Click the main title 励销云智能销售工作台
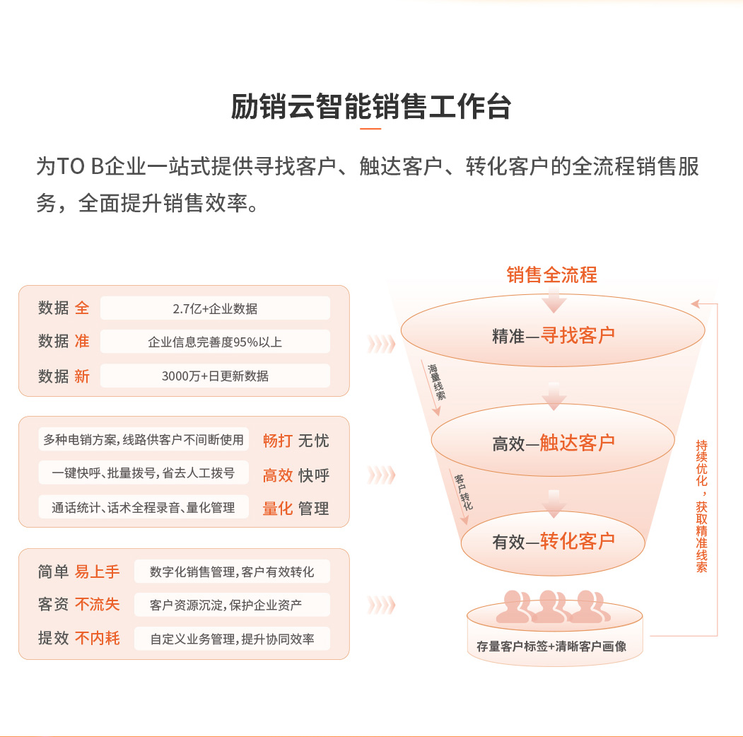tap(371, 106)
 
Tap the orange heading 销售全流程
tap(551, 275)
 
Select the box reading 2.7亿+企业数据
tap(215, 308)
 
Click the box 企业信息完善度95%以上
tap(215, 342)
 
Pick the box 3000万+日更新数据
tap(215, 376)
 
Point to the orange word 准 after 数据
tap(82, 341)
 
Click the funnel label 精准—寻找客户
tap(554, 335)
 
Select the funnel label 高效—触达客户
tap(554, 443)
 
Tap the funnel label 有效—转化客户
tap(554, 541)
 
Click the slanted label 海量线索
tap(437, 381)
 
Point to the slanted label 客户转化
tap(464, 492)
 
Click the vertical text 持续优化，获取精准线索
tap(702, 506)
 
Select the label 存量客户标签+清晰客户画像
tap(551, 646)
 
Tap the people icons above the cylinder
tap(553, 606)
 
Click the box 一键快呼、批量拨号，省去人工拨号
tap(144, 472)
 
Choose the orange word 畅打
tap(278, 441)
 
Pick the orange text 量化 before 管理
tap(278, 509)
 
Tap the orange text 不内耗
tap(97, 638)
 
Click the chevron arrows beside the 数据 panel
tap(381, 344)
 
